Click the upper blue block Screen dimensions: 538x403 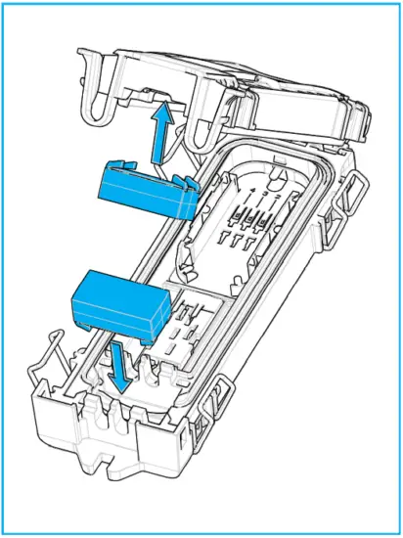tap(145, 188)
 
